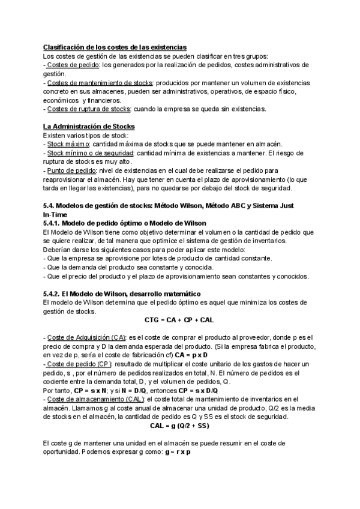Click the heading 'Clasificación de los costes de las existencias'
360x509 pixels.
(x=115, y=47)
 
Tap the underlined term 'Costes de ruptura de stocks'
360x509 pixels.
(x=88, y=109)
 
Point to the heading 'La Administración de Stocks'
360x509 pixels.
(x=89, y=127)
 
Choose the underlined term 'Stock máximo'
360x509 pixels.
(x=68, y=144)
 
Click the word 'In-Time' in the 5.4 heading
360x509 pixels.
(x=55, y=214)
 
